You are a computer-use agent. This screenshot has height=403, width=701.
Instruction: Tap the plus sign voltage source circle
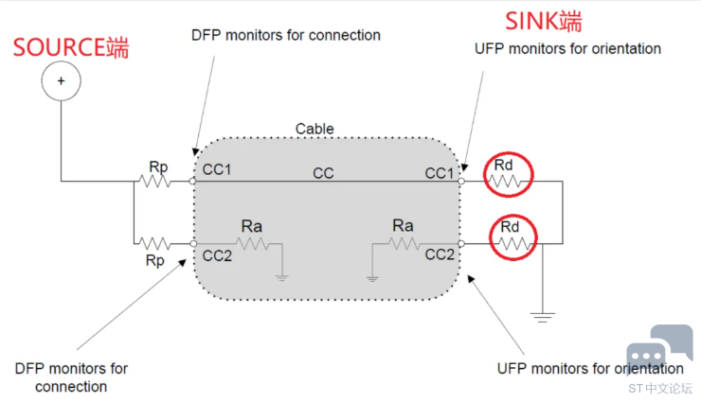pyautogui.click(x=61, y=81)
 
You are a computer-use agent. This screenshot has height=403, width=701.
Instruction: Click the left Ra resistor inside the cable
pyautogui.click(x=252, y=243)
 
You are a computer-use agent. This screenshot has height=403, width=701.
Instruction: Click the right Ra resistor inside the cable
pyautogui.click(x=404, y=243)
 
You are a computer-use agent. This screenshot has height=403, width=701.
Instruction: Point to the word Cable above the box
pyautogui.click(x=315, y=129)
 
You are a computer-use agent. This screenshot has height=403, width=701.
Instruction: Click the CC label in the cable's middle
pyautogui.click(x=324, y=172)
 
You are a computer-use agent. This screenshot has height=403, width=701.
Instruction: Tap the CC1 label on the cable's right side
pyautogui.click(x=439, y=172)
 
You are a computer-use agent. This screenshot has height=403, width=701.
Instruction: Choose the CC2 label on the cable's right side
pyautogui.click(x=439, y=255)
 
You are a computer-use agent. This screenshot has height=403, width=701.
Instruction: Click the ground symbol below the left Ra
pyautogui.click(x=282, y=276)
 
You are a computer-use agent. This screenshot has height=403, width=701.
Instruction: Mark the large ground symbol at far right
pyautogui.click(x=542, y=316)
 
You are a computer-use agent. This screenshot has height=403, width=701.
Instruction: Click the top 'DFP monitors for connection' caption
pyautogui.click(x=285, y=36)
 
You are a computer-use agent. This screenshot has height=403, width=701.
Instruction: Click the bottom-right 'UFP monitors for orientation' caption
pyautogui.click(x=589, y=368)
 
